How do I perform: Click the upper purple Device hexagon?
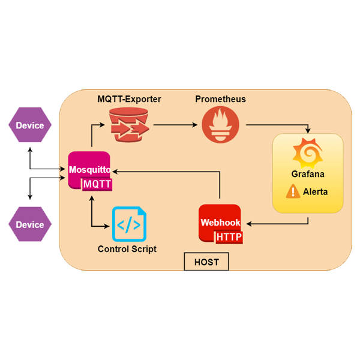30,125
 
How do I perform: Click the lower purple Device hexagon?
30,224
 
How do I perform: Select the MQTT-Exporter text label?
130,99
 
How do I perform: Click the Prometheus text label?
221,99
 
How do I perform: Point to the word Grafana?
308,175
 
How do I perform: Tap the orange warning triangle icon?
293,192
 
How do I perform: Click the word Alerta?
316,193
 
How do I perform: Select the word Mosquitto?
89,170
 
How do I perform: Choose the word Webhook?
220,222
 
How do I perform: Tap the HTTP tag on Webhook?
229,237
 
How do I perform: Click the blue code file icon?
128,225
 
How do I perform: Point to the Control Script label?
127,249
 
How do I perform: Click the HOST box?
206,262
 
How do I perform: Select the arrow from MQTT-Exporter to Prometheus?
175,125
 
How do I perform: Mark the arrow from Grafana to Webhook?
282,224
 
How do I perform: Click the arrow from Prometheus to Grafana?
282,125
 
